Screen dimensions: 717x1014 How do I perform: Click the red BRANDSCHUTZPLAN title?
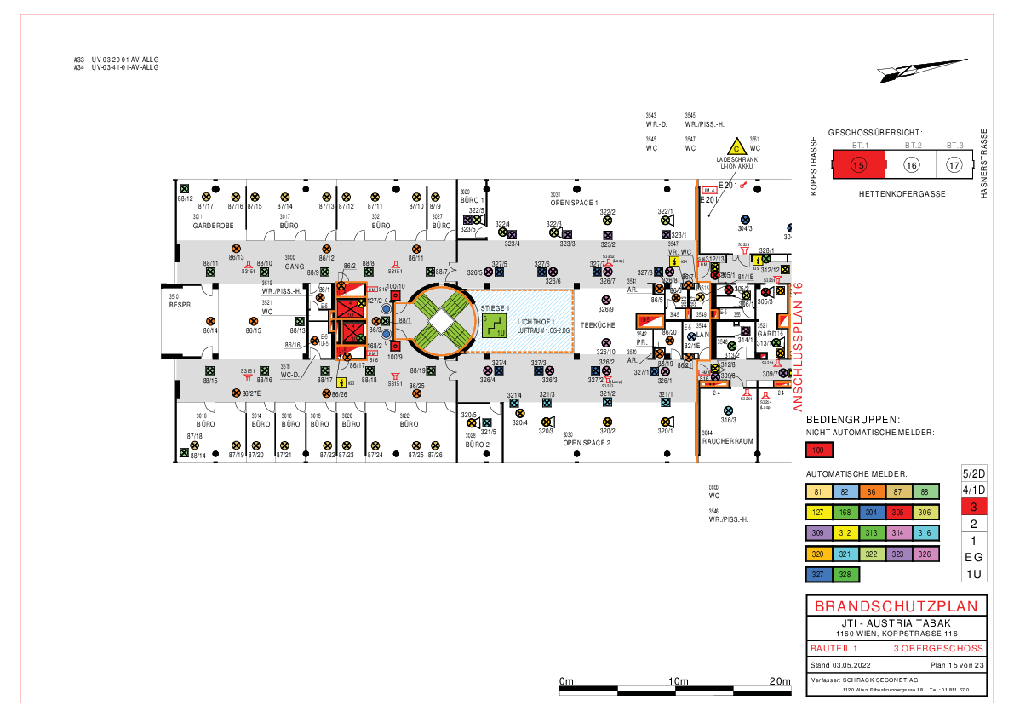click(x=895, y=607)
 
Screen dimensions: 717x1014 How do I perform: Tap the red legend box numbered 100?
click(x=818, y=450)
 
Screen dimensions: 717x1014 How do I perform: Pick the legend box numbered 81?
click(x=818, y=491)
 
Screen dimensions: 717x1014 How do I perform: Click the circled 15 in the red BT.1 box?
click(x=858, y=165)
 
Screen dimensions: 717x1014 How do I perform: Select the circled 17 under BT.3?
click(x=954, y=165)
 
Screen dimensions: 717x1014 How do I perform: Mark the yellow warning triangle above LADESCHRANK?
click(x=734, y=147)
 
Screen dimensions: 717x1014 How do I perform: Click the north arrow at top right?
click(x=923, y=70)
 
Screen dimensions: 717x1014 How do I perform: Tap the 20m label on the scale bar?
click(x=779, y=681)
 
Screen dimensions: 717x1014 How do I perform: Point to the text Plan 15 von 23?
click(x=956, y=664)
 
